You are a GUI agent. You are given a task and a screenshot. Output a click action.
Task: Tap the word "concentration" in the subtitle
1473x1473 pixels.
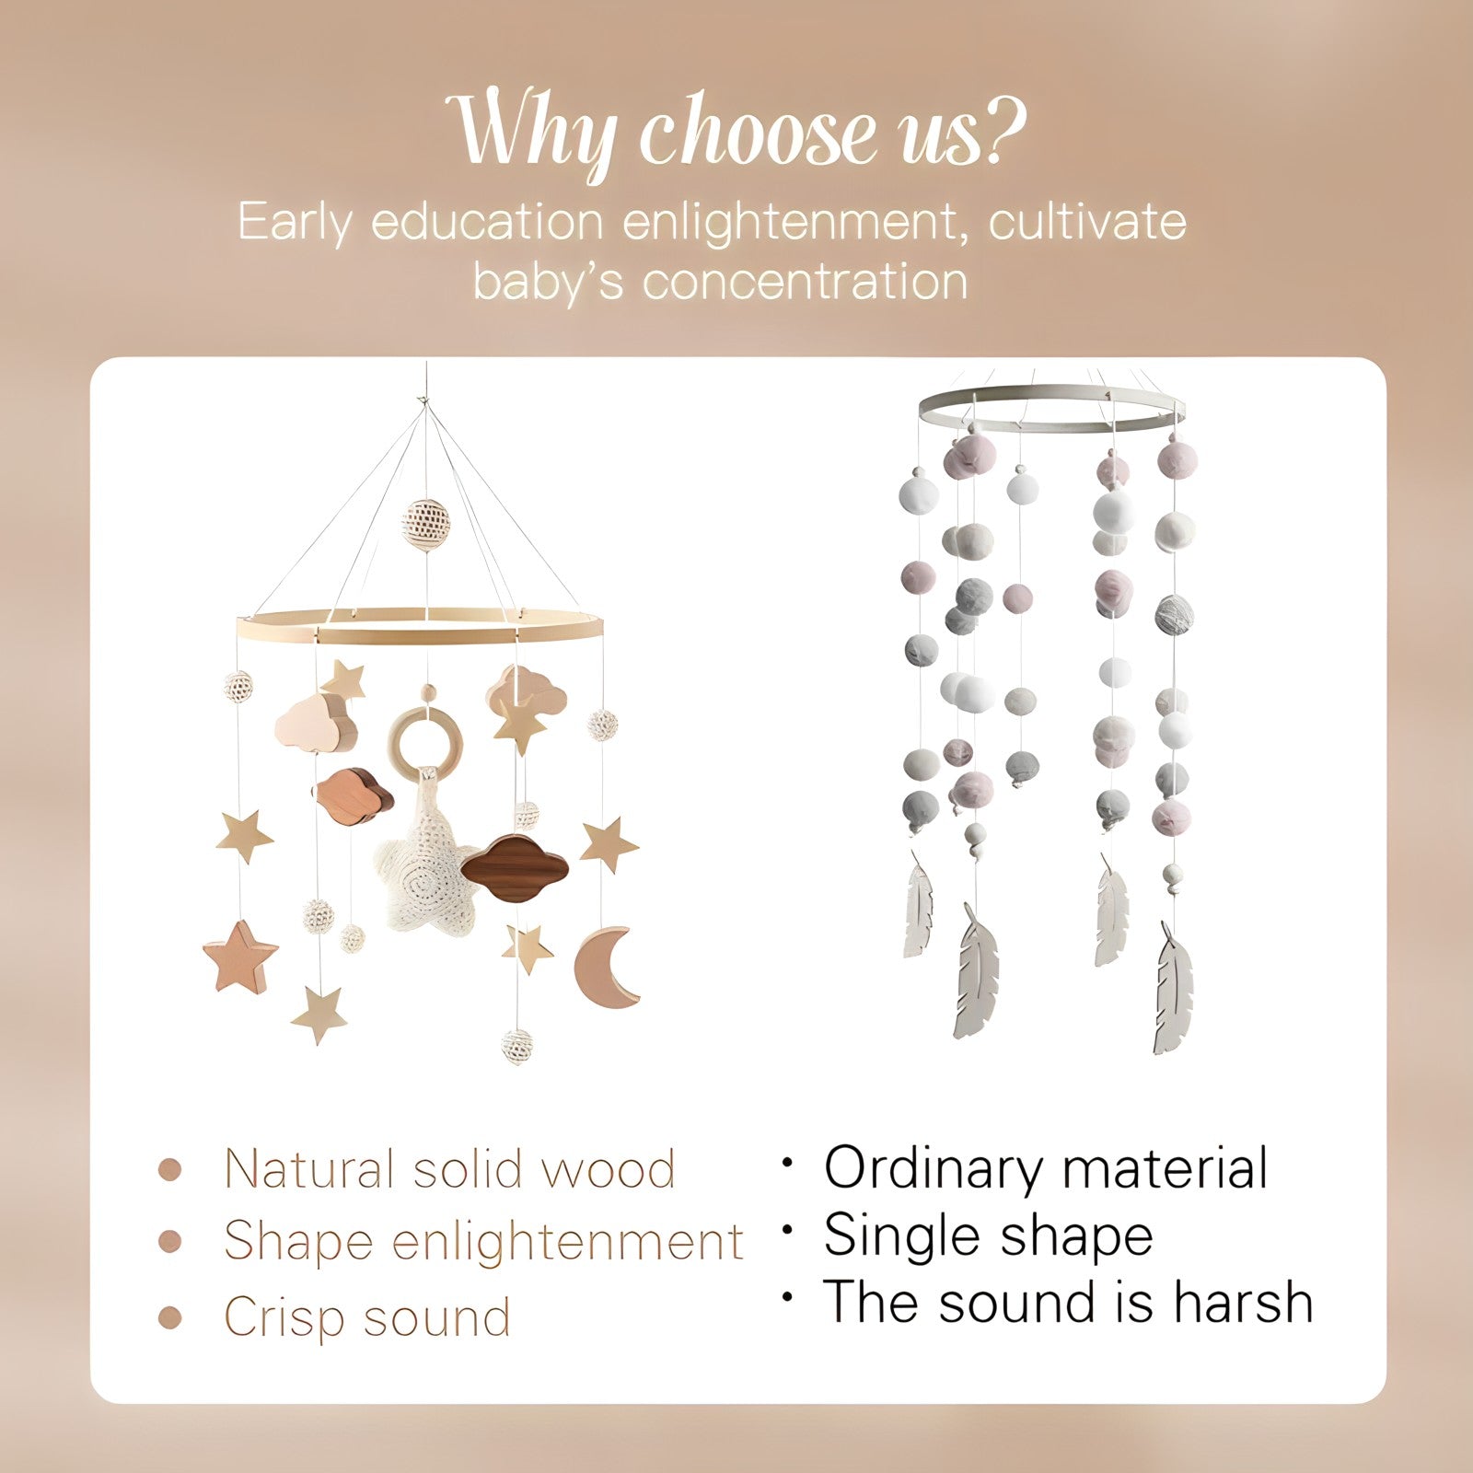click(805, 281)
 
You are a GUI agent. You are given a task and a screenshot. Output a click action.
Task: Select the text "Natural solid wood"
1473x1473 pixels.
click(449, 1170)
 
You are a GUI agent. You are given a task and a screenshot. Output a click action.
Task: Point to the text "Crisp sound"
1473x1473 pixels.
click(367, 1317)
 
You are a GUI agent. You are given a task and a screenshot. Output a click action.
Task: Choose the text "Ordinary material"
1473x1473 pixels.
click(1046, 1169)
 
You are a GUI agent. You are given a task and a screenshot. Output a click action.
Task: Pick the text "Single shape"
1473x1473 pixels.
click(988, 1236)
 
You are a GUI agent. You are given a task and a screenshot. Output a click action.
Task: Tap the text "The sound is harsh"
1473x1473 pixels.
click(1068, 1303)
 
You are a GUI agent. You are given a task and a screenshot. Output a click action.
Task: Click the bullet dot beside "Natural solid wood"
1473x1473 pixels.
click(170, 1170)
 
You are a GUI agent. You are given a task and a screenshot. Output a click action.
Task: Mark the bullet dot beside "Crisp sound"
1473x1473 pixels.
click(170, 1317)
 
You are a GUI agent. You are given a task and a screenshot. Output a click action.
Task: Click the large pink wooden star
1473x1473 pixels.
click(240, 957)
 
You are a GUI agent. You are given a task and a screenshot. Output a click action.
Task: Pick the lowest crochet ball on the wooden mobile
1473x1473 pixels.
click(517, 1045)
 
